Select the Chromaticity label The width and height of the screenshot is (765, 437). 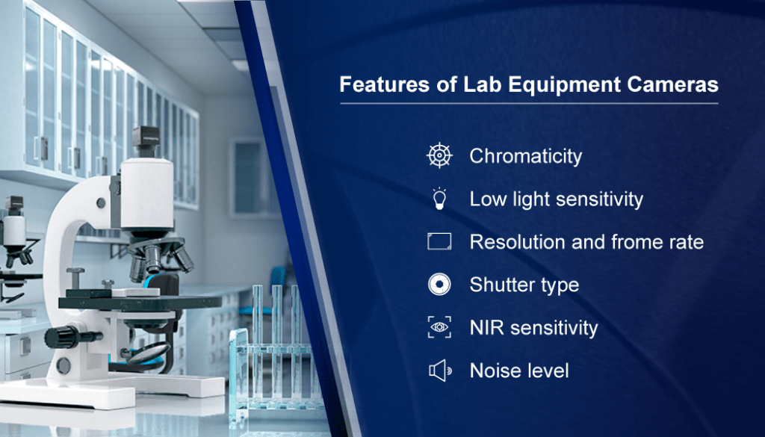coord(525,156)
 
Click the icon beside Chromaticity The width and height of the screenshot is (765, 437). coord(439,155)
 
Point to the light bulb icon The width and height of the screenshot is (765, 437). coord(439,199)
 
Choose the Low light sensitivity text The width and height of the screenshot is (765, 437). coord(556,199)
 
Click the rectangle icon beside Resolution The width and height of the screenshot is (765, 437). coord(439,241)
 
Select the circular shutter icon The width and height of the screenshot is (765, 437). coord(439,285)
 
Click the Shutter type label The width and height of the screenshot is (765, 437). coord(524,285)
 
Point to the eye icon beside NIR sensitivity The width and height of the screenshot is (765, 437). coord(439,327)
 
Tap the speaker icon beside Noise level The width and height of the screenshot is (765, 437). coord(439,371)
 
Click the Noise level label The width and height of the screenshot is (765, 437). coord(519,371)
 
